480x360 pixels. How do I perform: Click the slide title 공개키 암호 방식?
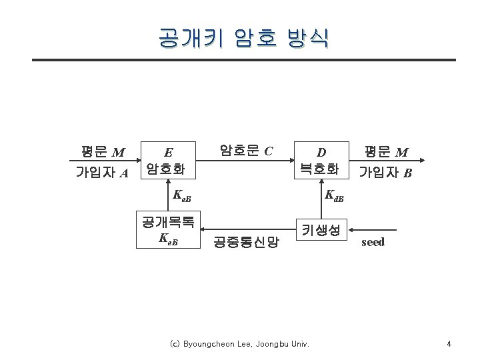(243, 38)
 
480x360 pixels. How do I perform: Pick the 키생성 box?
(321, 230)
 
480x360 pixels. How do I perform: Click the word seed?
(373, 242)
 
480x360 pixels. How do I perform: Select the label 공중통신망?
(245, 242)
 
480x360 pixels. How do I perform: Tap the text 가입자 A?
(102, 173)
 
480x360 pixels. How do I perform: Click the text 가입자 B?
(385, 173)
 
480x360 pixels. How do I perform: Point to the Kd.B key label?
(333, 196)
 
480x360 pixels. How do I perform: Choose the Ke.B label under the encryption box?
(181, 196)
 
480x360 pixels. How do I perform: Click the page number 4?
(449, 344)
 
